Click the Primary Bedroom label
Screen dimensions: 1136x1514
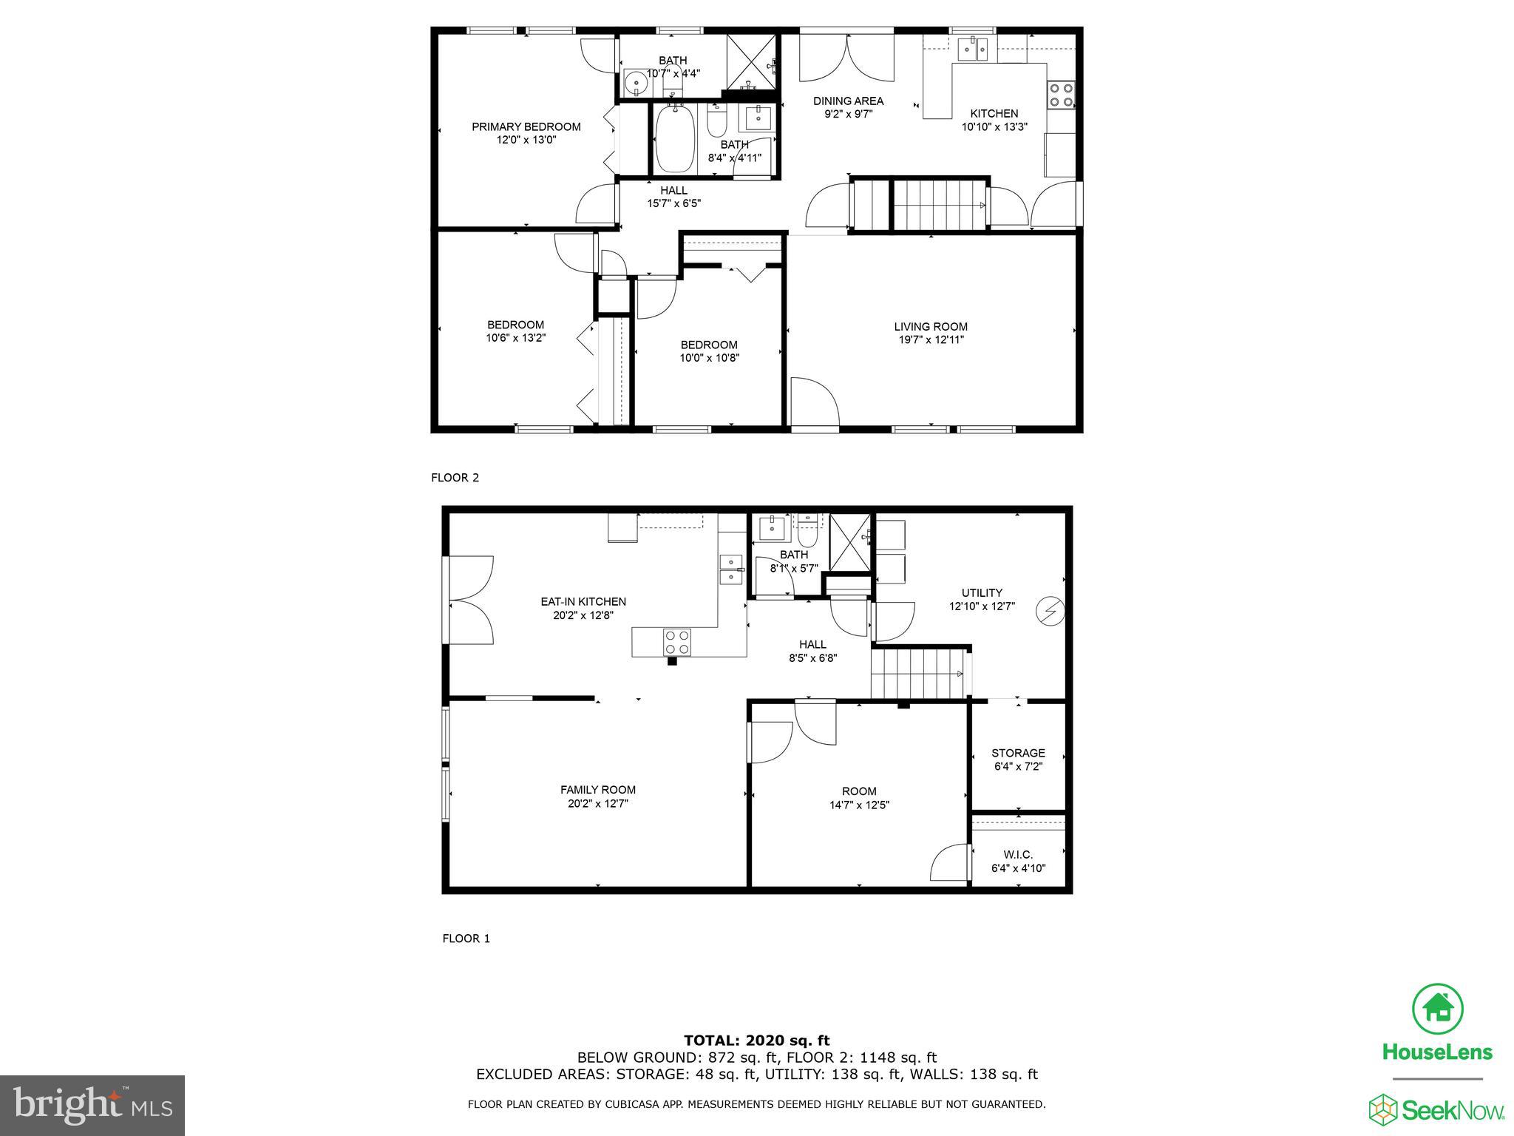click(526, 126)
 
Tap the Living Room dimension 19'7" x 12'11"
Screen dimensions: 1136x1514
click(930, 340)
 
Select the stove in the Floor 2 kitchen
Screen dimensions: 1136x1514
click(1062, 94)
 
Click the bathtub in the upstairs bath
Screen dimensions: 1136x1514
click(674, 139)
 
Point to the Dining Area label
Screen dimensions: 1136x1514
click(848, 101)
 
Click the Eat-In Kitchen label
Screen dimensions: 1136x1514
click(583, 601)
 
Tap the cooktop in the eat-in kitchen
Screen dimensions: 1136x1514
click(676, 641)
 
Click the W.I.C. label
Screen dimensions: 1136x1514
click(1018, 854)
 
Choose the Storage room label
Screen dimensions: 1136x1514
click(1018, 753)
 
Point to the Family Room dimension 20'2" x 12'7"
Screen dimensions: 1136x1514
click(597, 803)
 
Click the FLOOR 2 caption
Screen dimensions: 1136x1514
click(455, 478)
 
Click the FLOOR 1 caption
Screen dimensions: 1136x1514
click(466, 939)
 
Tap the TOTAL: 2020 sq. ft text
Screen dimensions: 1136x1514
click(756, 1041)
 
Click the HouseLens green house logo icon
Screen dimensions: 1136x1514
click(1437, 1010)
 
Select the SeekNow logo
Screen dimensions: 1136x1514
click(1436, 1110)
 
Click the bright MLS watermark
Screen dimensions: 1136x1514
click(92, 1106)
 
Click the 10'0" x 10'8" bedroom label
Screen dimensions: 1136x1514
click(709, 351)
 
